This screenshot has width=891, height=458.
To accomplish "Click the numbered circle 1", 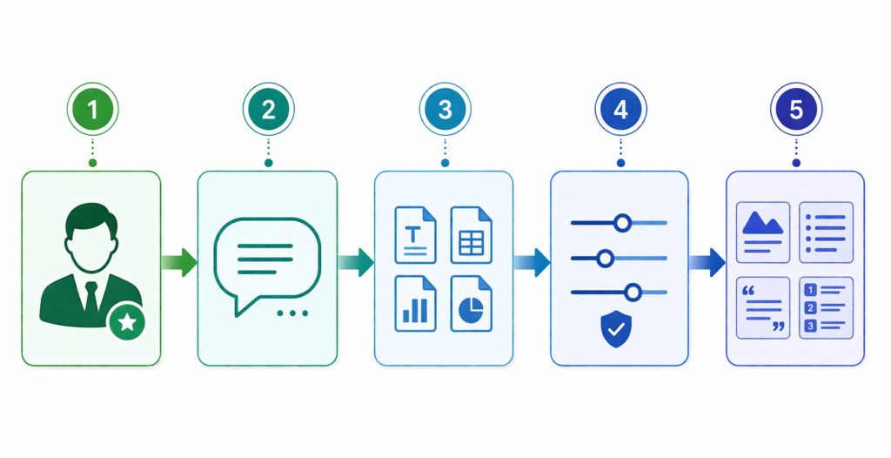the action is coord(92,109).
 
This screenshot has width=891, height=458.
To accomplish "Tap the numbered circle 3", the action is coord(445,109).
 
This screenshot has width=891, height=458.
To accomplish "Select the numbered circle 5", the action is coord(796,109).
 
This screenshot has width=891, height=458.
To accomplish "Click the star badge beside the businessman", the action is coord(127,322).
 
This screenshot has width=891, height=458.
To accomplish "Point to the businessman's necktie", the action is coord(90,297).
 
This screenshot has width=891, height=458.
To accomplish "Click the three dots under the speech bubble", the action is coord(292,313).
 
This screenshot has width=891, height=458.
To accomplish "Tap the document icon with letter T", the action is coord(415,235).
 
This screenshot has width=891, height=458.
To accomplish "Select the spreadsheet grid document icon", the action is coord(471,235).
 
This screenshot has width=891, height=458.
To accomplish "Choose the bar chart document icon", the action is coord(415,303).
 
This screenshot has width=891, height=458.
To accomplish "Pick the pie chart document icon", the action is coord(471,303).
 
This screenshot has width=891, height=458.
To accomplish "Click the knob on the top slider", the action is coord(623,223).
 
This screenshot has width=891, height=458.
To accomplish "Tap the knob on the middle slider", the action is coord(606,259).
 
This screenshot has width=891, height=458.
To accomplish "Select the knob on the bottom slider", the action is coord(633,293).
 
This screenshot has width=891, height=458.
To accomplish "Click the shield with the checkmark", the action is coord(616,329).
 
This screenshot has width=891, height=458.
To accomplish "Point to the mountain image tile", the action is coord(762,232).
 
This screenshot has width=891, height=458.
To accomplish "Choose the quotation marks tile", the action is coord(762,307).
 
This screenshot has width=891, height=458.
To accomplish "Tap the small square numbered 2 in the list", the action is coord(811,307).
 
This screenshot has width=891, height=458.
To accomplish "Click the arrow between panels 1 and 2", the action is coord(179,262).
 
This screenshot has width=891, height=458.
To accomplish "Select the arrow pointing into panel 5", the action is coord(707,262).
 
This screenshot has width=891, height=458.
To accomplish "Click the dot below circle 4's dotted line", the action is coord(620,163).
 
